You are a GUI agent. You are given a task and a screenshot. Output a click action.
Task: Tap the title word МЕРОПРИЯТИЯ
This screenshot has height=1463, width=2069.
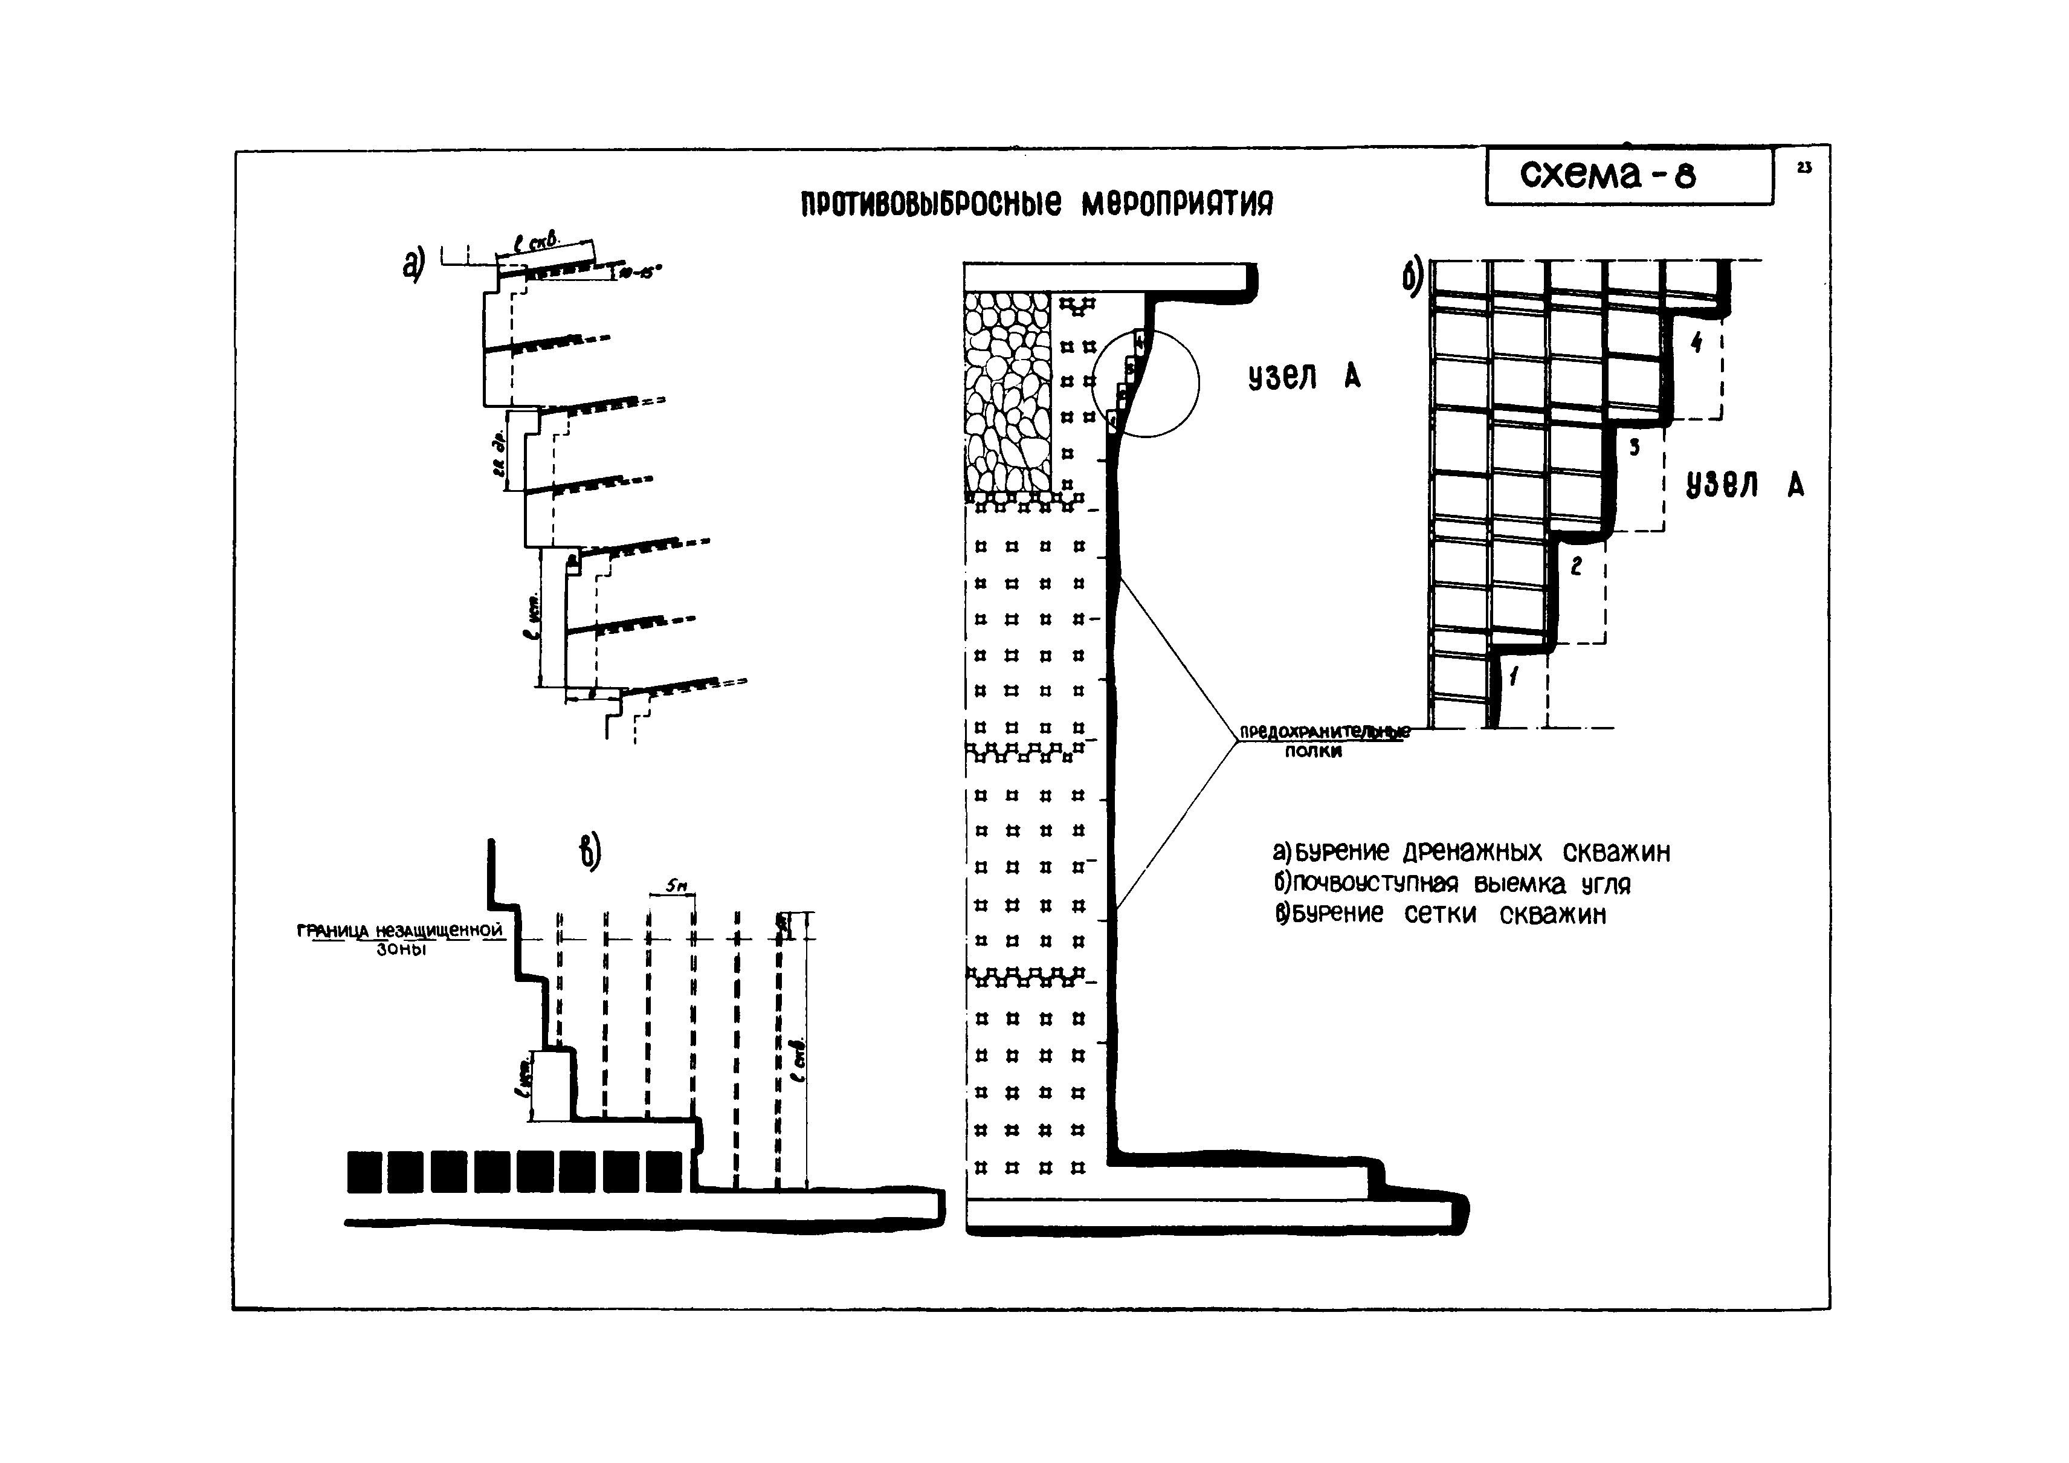click(1177, 205)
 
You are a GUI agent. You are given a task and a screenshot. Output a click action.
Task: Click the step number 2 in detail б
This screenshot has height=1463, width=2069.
click(1576, 566)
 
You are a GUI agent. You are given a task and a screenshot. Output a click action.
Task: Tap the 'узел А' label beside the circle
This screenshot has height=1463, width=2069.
click(1304, 377)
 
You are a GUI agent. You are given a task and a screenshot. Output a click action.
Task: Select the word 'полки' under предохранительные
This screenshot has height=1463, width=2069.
click(1313, 751)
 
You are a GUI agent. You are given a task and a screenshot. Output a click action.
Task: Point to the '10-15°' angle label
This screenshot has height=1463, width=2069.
click(640, 272)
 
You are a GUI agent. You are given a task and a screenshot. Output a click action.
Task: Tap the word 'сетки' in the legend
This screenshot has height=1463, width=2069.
click(1440, 914)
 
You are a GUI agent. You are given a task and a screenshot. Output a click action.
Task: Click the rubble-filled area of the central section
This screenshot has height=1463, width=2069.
click(1007, 392)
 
